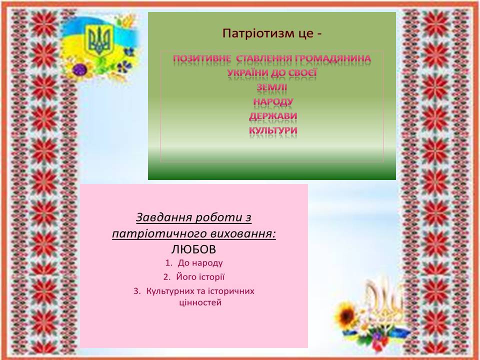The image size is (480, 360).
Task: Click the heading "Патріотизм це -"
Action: [x=272, y=33]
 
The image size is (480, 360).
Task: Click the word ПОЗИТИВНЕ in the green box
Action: [x=202, y=58]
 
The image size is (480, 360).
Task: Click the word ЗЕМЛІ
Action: [x=272, y=87]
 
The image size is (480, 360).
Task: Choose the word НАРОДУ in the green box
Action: [x=273, y=101]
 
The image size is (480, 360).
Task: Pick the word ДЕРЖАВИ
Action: [x=273, y=116]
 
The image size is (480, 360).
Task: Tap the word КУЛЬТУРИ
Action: [x=273, y=130]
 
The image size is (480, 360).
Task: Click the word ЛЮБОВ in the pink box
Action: [x=193, y=249]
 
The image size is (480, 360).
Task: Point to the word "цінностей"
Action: [x=200, y=303]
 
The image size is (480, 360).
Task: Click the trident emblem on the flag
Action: [x=98, y=40]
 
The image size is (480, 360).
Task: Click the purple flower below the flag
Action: [x=80, y=69]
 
